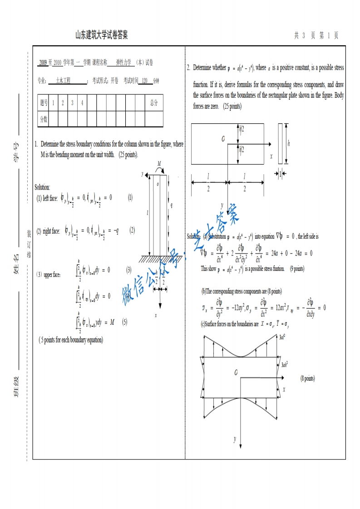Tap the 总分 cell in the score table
click(x=154, y=103)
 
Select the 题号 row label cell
click(x=44, y=103)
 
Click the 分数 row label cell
click(x=44, y=119)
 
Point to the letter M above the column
click(x=159, y=163)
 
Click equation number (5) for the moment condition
click(x=124, y=322)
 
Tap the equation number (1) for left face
click(x=130, y=197)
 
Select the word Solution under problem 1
click(x=42, y=187)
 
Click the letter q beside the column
click(x=171, y=205)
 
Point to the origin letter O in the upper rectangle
click(x=223, y=139)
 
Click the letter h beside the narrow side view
click(x=288, y=143)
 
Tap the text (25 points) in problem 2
click(x=232, y=107)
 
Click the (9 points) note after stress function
click(x=296, y=269)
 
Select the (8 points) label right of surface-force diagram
click(x=307, y=378)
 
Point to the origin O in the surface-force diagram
click(x=236, y=373)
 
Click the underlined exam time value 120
click(x=145, y=81)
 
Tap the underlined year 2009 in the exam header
click(x=43, y=63)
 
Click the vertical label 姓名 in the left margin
click(x=17, y=264)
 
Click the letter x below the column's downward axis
click(x=156, y=315)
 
